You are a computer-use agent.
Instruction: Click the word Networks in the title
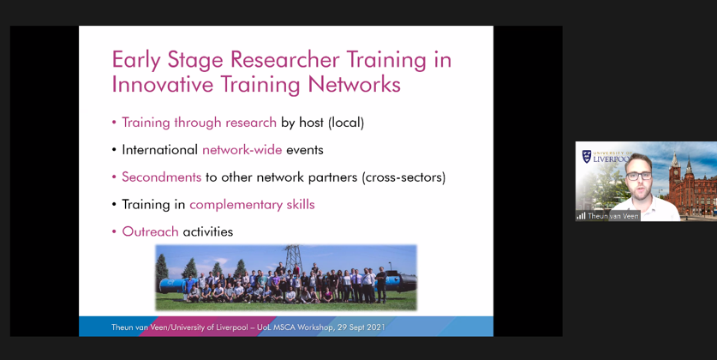tap(354, 85)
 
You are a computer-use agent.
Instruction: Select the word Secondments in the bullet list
tap(161, 177)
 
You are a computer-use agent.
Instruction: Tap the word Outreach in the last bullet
tap(150, 231)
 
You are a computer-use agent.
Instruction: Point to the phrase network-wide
tap(242, 150)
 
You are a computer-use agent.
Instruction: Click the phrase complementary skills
tap(252, 205)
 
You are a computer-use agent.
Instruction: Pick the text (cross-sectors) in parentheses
tap(403, 177)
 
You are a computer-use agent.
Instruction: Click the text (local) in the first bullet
tap(346, 123)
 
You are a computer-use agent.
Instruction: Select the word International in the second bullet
tap(159, 150)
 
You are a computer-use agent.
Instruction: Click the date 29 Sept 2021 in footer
tap(361, 327)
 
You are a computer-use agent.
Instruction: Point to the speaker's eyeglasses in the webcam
tap(639, 176)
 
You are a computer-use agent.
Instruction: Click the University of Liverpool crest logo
tap(586, 157)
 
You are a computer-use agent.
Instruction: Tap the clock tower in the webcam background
tap(674, 176)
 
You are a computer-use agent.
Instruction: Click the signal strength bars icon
tap(581, 216)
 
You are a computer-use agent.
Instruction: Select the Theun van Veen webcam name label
tap(612, 216)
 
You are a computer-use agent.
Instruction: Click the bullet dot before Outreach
tap(114, 232)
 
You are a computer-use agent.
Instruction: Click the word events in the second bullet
tap(305, 150)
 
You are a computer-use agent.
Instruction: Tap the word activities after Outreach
tap(207, 231)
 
